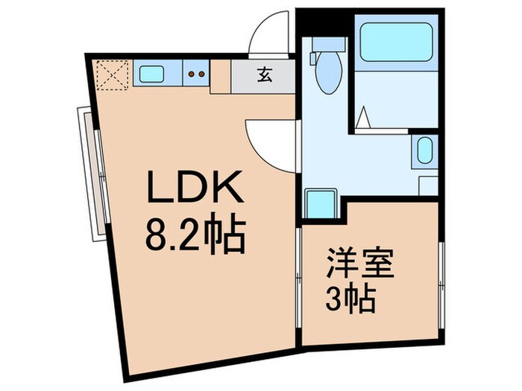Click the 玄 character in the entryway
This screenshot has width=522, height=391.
click(x=264, y=74)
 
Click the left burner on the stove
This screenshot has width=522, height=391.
click(x=190, y=74)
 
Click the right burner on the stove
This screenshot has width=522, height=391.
click(x=201, y=74)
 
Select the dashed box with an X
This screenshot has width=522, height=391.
click(x=113, y=74)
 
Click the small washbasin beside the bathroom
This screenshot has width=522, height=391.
click(x=424, y=151)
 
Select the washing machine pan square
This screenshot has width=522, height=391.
click(x=321, y=203)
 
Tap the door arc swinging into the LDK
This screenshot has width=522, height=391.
click(x=272, y=142)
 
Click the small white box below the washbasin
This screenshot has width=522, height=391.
click(x=428, y=185)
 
